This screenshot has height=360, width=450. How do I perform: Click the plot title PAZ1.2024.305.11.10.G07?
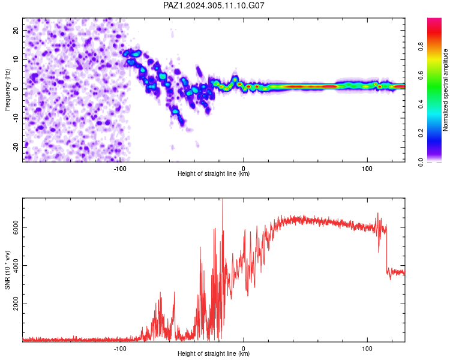click(214, 5)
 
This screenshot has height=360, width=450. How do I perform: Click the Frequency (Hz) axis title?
click(7, 90)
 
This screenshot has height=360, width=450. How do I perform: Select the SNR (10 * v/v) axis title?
click(7, 270)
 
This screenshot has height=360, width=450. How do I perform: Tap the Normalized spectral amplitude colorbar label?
click(445, 90)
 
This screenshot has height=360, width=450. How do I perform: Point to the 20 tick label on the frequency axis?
click(16, 31)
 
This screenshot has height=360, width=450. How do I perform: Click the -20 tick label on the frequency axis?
click(16, 147)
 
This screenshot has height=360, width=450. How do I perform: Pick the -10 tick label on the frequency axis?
click(16, 118)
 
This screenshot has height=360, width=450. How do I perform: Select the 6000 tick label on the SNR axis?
click(16, 227)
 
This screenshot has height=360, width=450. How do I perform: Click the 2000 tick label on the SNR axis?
click(16, 304)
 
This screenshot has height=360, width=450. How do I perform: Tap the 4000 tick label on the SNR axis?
click(16, 265)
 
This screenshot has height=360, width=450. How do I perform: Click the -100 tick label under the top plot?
click(120, 169)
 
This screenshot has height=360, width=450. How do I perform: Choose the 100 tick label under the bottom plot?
click(367, 349)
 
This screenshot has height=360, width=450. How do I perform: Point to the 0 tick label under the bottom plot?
click(244, 349)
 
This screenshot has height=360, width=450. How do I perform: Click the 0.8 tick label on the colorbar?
click(421, 46)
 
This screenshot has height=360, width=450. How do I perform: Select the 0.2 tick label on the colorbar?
click(421, 133)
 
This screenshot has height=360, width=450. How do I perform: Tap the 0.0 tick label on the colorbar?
click(421, 162)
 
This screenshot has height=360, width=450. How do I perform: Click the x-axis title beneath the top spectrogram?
click(214, 173)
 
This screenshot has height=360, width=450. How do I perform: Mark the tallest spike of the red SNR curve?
click(223, 199)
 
